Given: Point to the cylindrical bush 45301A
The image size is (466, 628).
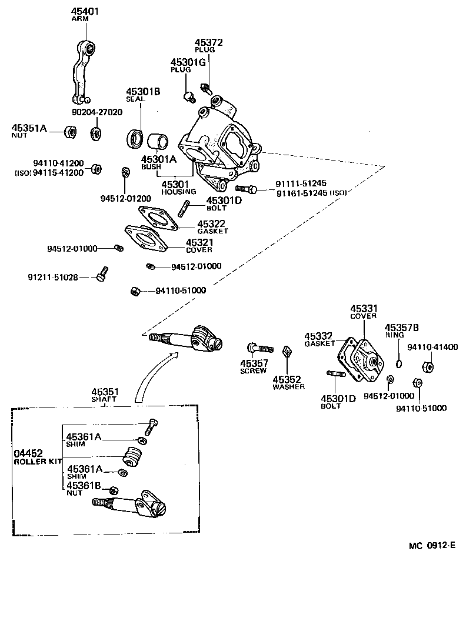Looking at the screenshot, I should point(157,142).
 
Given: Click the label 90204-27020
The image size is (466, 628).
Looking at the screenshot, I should point(96,112).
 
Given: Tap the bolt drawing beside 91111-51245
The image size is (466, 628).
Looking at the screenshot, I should point(246,189).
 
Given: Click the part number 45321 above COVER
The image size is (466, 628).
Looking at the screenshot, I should point(199,242).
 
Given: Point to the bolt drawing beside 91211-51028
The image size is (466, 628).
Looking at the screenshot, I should point(102,273).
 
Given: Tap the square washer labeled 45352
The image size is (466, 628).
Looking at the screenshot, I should point(287,352).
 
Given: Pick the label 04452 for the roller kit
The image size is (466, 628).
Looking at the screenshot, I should point(28,453).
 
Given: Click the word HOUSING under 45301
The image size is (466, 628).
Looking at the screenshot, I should point(175,192).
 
